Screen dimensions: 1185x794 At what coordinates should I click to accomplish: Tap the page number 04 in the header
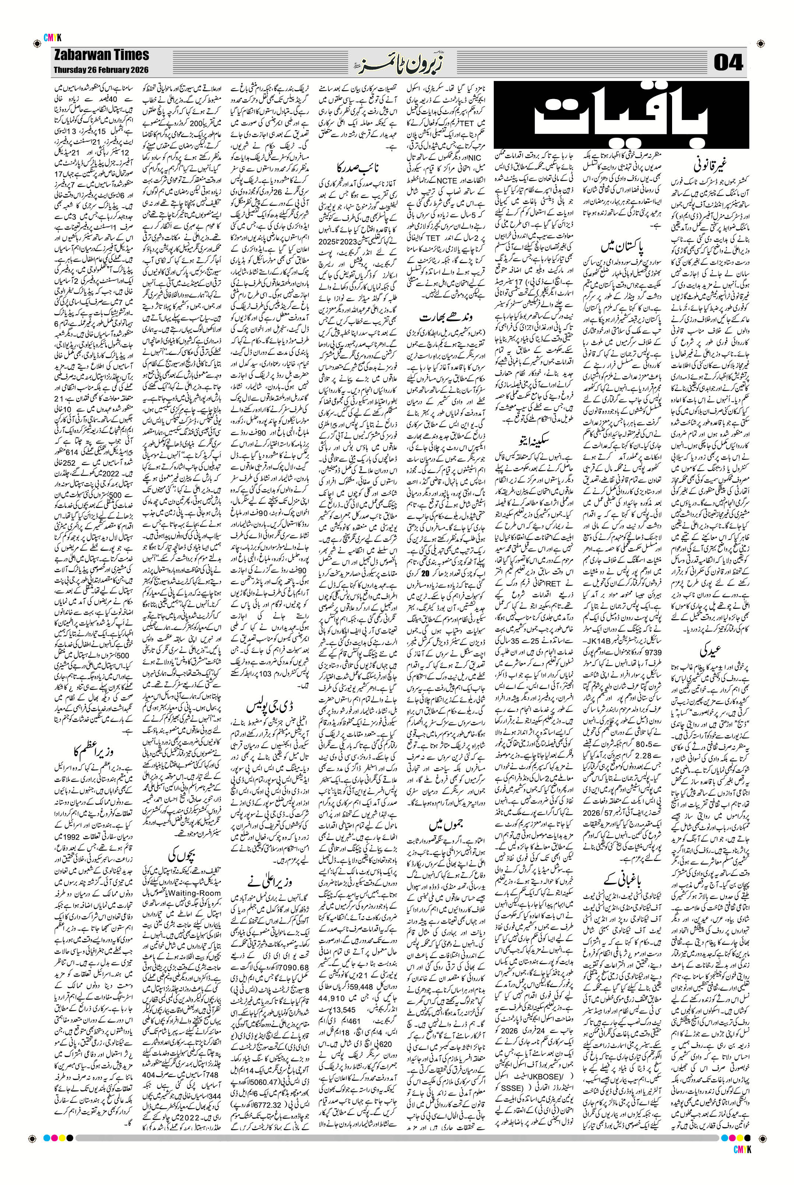(x=728, y=63)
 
